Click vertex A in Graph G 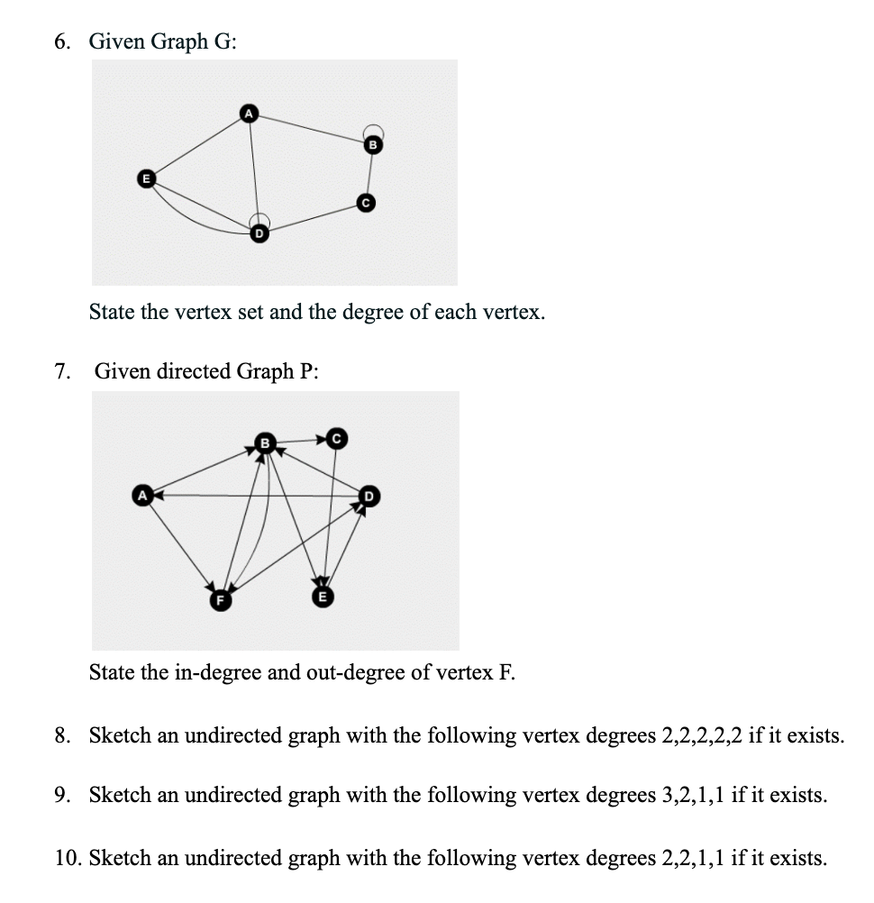(x=248, y=112)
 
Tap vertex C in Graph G (x=364, y=203)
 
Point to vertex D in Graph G (x=259, y=233)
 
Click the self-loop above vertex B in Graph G (x=374, y=131)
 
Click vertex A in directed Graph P (x=141, y=495)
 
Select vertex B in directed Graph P (x=265, y=442)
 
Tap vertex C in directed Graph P (x=336, y=439)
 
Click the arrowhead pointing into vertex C (x=322, y=440)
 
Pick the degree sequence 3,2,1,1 (x=698, y=796)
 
